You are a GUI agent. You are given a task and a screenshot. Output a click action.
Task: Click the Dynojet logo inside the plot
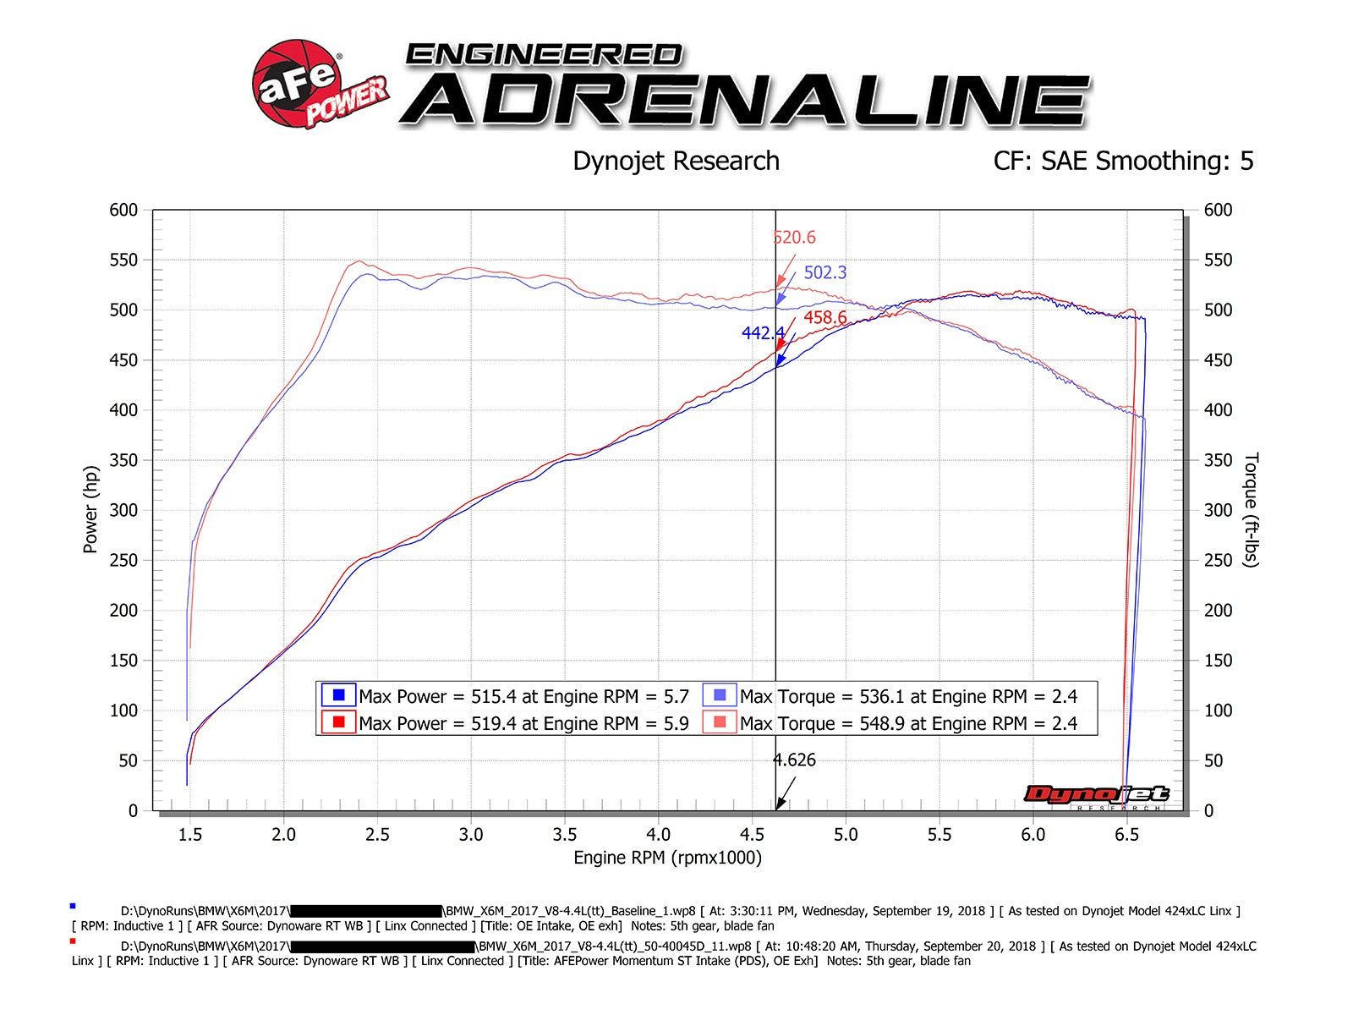(1097, 794)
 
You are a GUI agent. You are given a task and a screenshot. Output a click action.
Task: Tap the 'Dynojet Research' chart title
(676, 161)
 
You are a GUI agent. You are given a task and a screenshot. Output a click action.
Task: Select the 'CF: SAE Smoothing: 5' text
(1123, 161)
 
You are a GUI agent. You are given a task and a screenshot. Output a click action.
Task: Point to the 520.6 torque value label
(795, 238)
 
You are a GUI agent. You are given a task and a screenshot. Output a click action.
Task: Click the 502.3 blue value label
(824, 272)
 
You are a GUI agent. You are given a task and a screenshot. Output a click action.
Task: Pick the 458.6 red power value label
(824, 318)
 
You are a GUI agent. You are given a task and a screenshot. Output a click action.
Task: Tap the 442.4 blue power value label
(763, 333)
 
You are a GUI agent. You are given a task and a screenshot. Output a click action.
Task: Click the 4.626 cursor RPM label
(795, 760)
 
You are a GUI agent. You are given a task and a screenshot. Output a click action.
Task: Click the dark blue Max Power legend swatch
(339, 695)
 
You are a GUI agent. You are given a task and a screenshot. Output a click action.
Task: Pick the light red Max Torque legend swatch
(720, 722)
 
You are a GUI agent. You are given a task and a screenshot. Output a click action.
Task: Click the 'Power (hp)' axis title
(90, 509)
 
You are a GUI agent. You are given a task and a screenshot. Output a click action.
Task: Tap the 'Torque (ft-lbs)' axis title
(1252, 509)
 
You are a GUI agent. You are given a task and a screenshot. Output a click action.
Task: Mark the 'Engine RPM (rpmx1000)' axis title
(667, 858)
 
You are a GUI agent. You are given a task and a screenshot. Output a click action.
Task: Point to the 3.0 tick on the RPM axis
(471, 835)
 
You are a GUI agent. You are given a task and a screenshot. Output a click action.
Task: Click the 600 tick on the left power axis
(123, 210)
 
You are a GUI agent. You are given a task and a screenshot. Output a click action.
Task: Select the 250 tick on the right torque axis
(1218, 560)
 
